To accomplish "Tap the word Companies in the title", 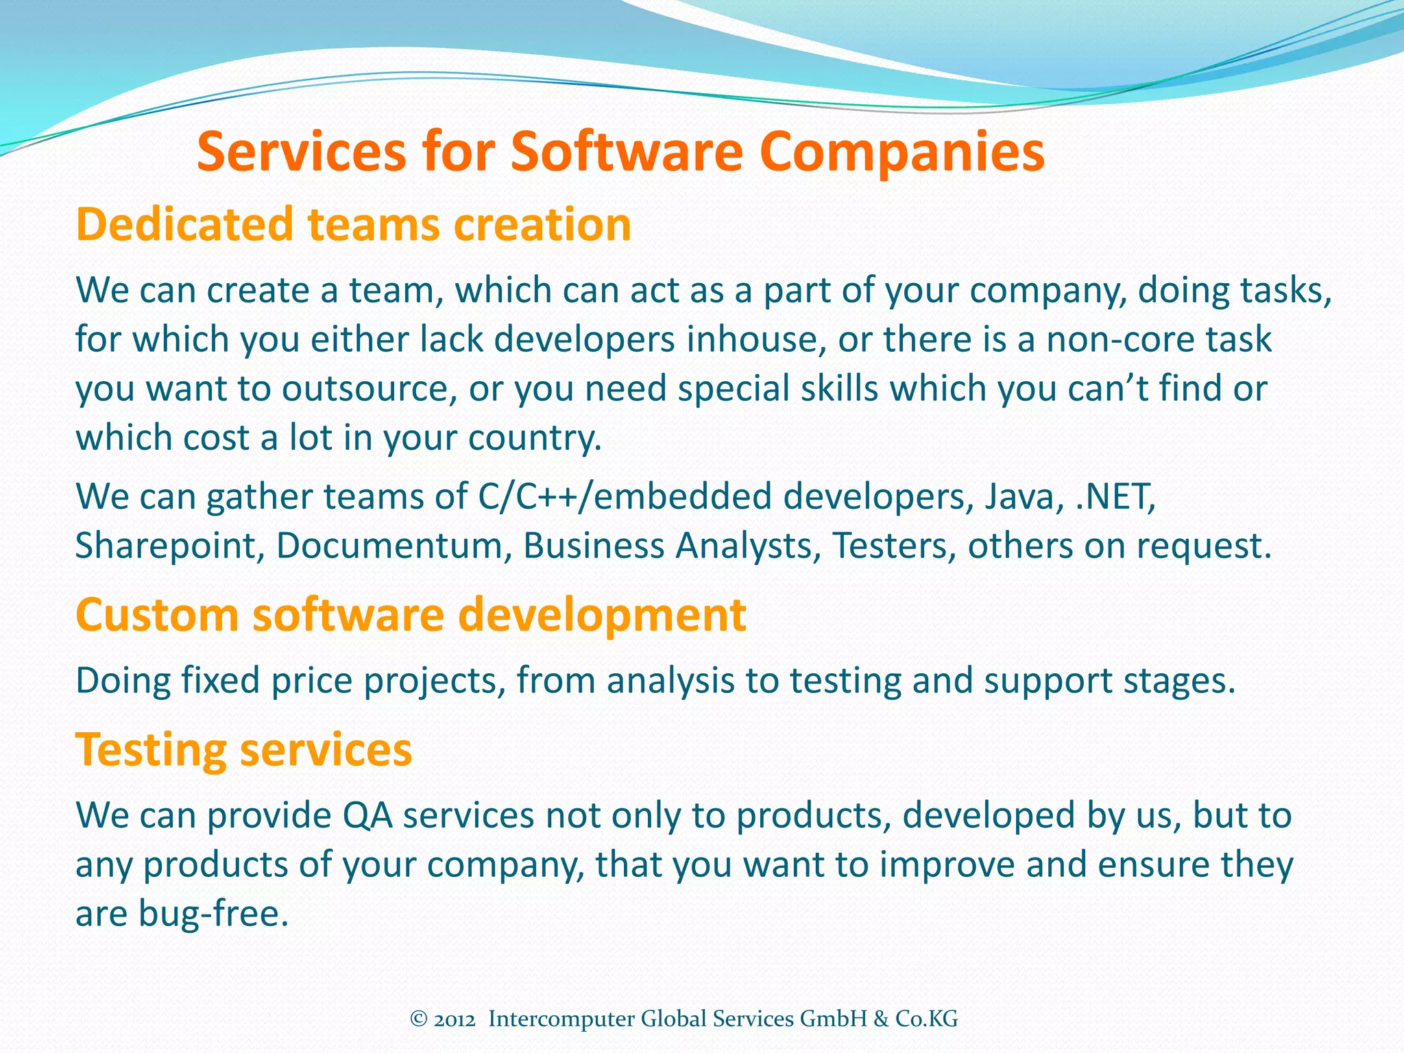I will tap(901, 153).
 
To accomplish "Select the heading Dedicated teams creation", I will tap(353, 225).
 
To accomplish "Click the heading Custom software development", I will tap(411, 614).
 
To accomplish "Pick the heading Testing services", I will tap(243, 749).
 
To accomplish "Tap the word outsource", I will tap(370, 389).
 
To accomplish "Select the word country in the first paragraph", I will tap(534, 438).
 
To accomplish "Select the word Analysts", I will tap(748, 546).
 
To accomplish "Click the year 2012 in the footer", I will tap(455, 1019).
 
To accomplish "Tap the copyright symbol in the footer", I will tap(419, 1019).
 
